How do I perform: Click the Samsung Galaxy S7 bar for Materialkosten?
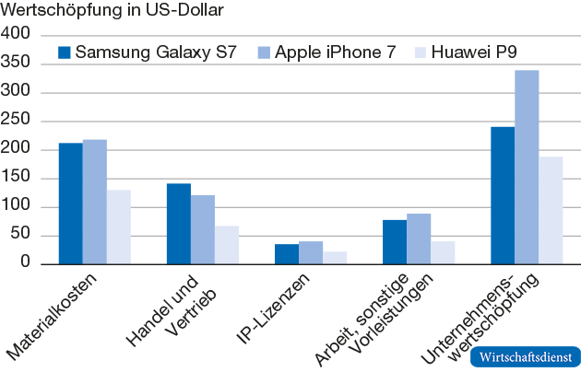tap(70, 203)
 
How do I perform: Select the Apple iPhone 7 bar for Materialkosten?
tap(94, 202)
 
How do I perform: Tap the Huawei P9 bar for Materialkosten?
tap(118, 227)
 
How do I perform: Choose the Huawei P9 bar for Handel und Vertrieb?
tap(226, 245)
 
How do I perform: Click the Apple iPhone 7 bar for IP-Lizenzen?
tap(310, 253)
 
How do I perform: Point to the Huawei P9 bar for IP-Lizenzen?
tap(334, 258)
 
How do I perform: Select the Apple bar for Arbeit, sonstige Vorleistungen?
tap(418, 239)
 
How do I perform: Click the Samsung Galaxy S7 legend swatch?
tap(65, 52)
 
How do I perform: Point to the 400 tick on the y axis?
tap(18, 35)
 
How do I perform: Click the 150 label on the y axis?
tap(18, 179)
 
